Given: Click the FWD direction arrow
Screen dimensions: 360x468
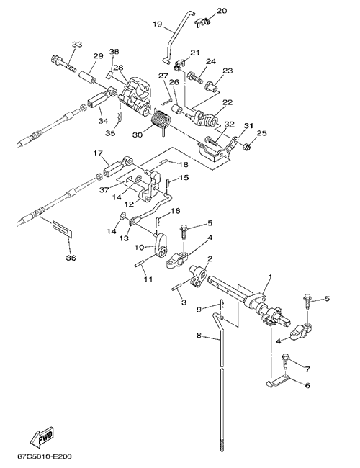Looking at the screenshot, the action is click(x=41, y=437).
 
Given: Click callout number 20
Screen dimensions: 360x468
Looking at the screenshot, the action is click(x=222, y=11).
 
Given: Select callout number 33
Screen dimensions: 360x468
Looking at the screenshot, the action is click(x=77, y=45).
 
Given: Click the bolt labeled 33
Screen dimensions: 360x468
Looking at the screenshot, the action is click(x=63, y=63).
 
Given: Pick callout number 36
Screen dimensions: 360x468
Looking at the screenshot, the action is click(x=71, y=258).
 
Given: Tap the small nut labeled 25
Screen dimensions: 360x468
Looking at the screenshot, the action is click(x=246, y=146).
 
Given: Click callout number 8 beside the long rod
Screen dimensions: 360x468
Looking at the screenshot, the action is click(x=199, y=336).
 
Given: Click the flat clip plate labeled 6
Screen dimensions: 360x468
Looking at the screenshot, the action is click(x=277, y=381).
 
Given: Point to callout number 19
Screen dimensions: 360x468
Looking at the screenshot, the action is click(x=157, y=24).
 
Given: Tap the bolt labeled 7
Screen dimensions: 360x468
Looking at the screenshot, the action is click(x=286, y=361).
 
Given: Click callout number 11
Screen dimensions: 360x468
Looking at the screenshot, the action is click(x=148, y=279).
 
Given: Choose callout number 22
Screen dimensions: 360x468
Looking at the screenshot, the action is click(x=228, y=102).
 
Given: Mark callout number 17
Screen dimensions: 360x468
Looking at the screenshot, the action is click(x=98, y=153).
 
